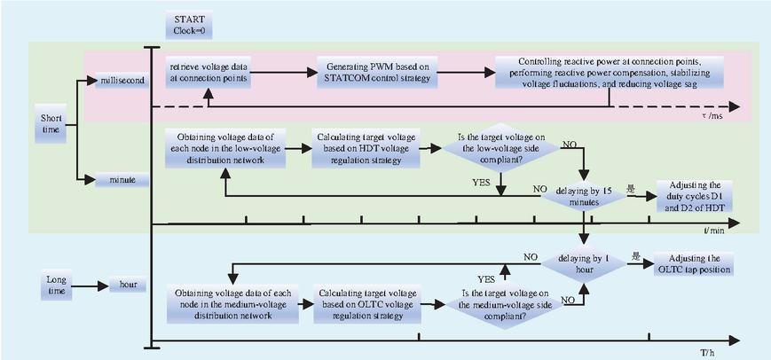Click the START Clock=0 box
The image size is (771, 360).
(189, 25)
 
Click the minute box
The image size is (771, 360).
(122, 180)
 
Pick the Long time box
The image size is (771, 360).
(56, 286)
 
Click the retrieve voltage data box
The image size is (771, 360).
(208, 72)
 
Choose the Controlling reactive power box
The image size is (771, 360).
(610, 72)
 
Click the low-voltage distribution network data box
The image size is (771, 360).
(225, 148)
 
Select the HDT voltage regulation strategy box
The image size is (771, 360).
(366, 148)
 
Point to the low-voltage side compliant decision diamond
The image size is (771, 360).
(501, 147)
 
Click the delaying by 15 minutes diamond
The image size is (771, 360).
(584, 196)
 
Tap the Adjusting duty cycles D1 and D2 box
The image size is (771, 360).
(695, 196)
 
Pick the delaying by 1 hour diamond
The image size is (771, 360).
(584, 263)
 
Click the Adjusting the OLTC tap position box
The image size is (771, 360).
(693, 263)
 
